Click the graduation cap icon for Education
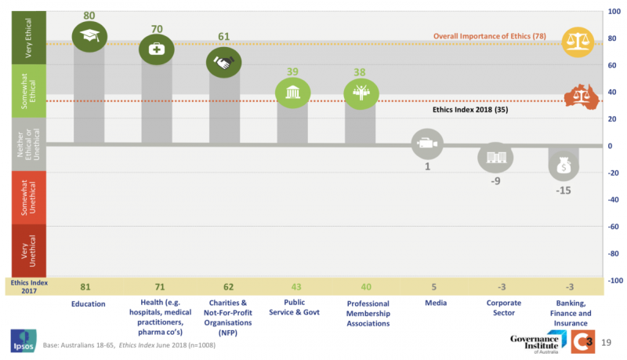(x=89, y=35)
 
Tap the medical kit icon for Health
(x=156, y=49)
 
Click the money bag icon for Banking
(x=562, y=165)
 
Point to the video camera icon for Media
(x=427, y=144)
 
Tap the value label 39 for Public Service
(x=292, y=71)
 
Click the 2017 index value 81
(x=89, y=288)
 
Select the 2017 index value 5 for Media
(x=427, y=288)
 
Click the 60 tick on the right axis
(x=616, y=65)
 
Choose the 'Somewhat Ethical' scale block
(x=26, y=91)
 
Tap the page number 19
(x=607, y=342)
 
